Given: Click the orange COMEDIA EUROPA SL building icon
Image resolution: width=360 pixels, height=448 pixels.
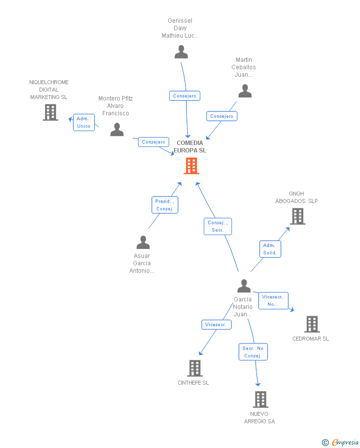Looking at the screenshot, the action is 191,166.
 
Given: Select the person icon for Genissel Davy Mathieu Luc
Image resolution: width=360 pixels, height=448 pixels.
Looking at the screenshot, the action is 181,51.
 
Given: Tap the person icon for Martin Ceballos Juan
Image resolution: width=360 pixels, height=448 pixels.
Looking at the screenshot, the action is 245,91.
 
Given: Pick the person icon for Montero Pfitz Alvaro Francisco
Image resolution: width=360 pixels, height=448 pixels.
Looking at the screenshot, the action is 117,129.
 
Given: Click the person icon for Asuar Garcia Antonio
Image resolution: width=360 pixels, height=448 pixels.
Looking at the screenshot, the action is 143,242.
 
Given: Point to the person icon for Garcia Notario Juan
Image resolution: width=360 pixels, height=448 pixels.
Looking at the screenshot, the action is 244,286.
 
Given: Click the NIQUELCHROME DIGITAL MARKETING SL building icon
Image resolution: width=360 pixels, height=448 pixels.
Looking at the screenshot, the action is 50,112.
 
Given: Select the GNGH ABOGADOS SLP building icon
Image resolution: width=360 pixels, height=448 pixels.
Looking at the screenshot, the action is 298,216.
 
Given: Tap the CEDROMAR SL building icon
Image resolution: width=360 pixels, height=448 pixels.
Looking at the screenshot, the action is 312,324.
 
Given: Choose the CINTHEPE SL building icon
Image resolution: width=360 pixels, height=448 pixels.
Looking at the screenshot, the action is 195,368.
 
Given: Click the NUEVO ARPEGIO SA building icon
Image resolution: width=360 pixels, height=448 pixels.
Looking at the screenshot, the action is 261,399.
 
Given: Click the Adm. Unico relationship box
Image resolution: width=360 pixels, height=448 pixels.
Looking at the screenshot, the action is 84,122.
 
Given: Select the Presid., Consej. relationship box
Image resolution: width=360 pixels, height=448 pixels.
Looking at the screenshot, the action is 165,205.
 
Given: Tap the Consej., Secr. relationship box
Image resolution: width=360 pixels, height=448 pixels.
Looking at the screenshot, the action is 218,226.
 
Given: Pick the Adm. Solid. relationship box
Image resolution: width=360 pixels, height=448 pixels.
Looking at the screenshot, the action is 270,249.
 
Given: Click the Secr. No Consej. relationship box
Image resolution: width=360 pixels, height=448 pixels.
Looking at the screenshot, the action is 253,351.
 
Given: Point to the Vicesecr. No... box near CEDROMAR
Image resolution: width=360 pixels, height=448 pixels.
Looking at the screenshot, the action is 273,300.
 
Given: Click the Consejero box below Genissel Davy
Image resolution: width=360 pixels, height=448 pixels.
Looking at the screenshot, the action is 185,96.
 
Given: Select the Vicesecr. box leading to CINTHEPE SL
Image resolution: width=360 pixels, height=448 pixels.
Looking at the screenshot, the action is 217,325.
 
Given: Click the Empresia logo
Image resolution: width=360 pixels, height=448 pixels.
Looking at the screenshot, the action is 341,442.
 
